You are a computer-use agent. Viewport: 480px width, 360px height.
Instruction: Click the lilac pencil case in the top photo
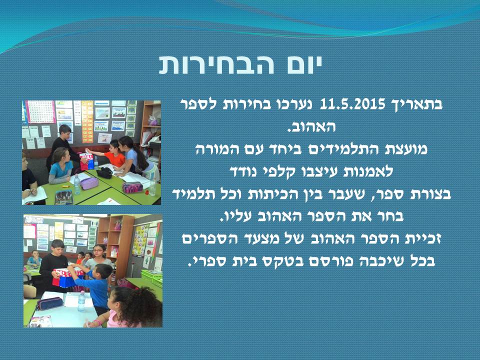[x=89, y=183]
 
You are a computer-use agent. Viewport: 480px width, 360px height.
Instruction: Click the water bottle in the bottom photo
[x=81, y=301]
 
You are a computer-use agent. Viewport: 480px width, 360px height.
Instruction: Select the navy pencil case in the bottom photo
[x=48, y=303]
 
